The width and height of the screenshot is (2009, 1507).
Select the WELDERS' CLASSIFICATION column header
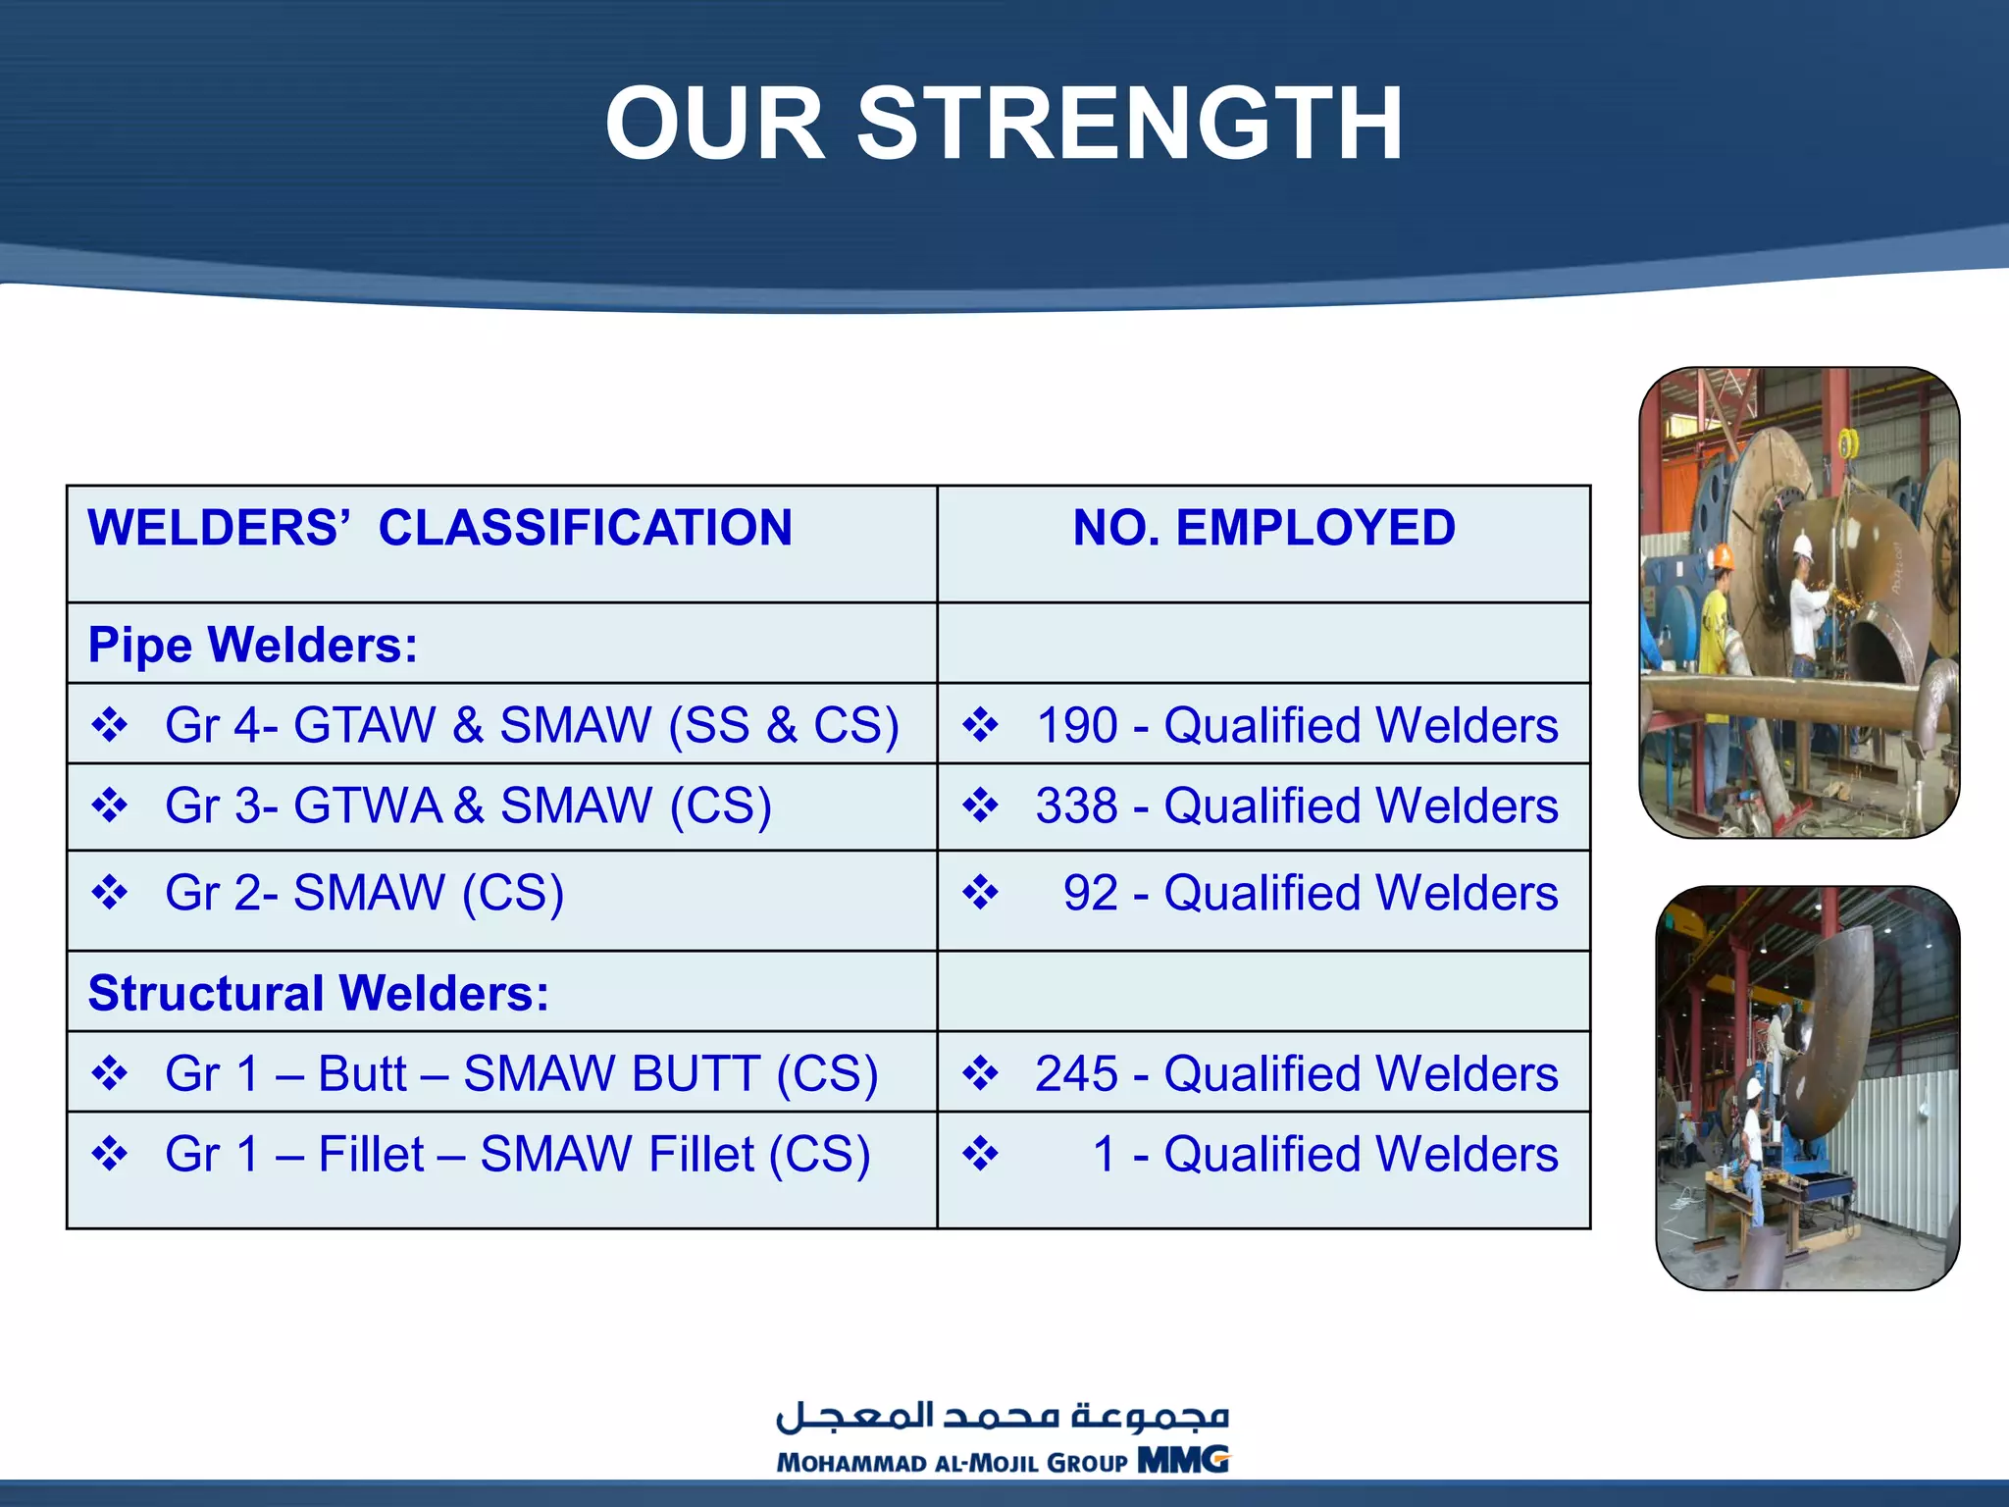pyautogui.click(x=439, y=528)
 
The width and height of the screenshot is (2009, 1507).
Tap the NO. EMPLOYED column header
pyautogui.click(x=1263, y=528)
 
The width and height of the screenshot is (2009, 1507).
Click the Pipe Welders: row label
pyautogui.click(x=253, y=646)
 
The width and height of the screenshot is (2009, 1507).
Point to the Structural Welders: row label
pyautogui.click(x=319, y=993)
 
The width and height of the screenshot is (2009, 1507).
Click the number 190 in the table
pyautogui.click(x=1076, y=726)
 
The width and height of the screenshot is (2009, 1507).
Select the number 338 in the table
pyautogui.click(x=1076, y=806)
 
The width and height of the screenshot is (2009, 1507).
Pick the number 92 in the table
pyautogui.click(x=1090, y=894)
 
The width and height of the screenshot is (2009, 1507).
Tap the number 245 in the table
pyautogui.click(x=1076, y=1073)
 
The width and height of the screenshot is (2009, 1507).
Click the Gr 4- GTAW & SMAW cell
pyautogui.click(x=531, y=726)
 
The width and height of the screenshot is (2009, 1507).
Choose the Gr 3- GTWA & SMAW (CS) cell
pyautogui.click(x=468, y=806)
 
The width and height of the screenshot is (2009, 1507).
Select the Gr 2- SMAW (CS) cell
pyautogui.click(x=364, y=894)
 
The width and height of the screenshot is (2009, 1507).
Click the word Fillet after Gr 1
pyautogui.click(x=371, y=1155)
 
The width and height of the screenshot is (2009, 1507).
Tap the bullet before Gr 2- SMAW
pyautogui.click(x=109, y=893)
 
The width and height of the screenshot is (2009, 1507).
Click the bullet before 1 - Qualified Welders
pyautogui.click(x=980, y=1154)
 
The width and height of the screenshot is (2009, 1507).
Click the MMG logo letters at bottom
pyautogui.click(x=1182, y=1460)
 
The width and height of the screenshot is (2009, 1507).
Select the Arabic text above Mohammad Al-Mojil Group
pyautogui.click(x=1003, y=1416)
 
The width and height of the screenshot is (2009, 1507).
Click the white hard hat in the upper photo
pyautogui.click(x=1802, y=546)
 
